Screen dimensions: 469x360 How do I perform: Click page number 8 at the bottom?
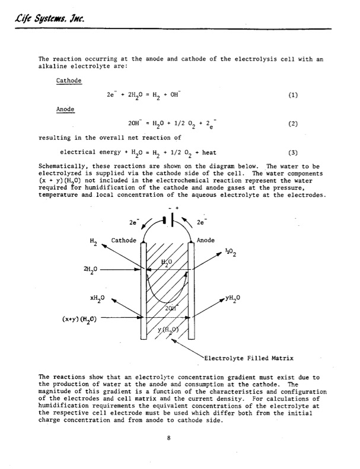tap(169, 438)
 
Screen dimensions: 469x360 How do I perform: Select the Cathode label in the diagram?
tap(124, 240)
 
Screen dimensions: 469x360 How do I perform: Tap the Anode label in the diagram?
tap(205, 240)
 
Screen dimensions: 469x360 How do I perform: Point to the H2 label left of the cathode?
tap(93, 243)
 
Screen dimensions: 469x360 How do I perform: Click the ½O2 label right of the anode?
tap(231, 253)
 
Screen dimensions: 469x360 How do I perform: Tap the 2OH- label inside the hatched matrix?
tap(173, 308)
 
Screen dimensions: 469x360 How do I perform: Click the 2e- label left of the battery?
tap(134, 223)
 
